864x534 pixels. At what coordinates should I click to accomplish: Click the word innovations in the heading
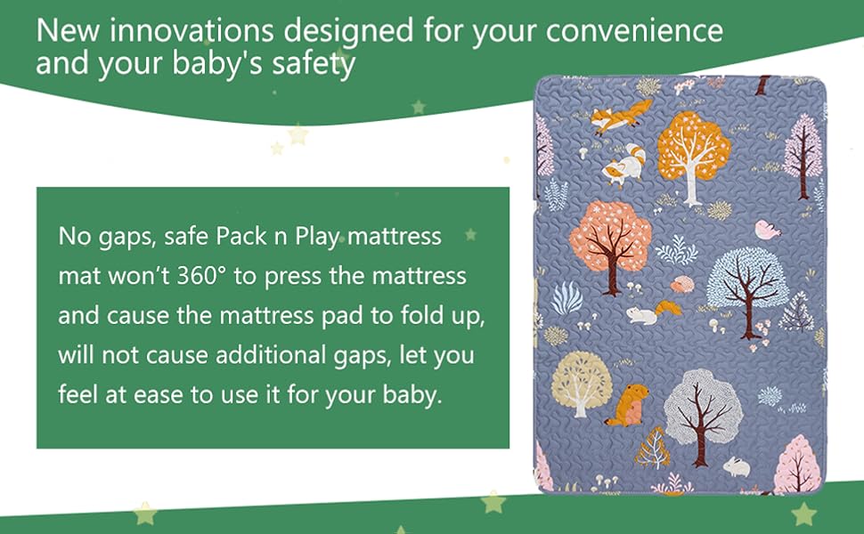click(186, 31)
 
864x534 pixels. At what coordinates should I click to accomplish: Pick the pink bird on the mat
click(766, 231)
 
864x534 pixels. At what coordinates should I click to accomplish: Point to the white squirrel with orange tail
click(652, 312)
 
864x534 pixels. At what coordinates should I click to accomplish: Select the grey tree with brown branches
click(703, 408)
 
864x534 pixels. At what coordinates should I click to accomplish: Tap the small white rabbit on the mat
click(736, 465)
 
